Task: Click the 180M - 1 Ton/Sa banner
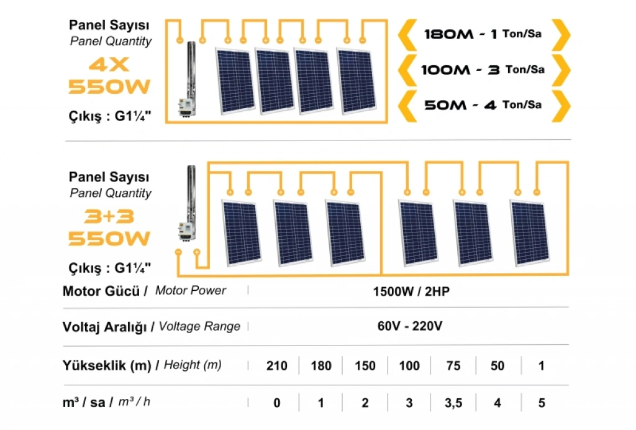(x=483, y=34)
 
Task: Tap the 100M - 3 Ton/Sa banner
(x=483, y=70)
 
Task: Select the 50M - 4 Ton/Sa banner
(x=483, y=105)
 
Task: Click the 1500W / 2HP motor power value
(x=411, y=291)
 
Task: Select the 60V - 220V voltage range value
(x=411, y=326)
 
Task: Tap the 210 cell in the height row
(x=276, y=365)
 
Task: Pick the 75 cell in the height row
(x=453, y=365)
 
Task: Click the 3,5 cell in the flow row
(x=453, y=403)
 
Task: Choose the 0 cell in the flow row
(x=276, y=403)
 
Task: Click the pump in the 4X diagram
(x=188, y=78)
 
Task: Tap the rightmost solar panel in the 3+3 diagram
(x=529, y=233)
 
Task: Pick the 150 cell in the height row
(x=365, y=365)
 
